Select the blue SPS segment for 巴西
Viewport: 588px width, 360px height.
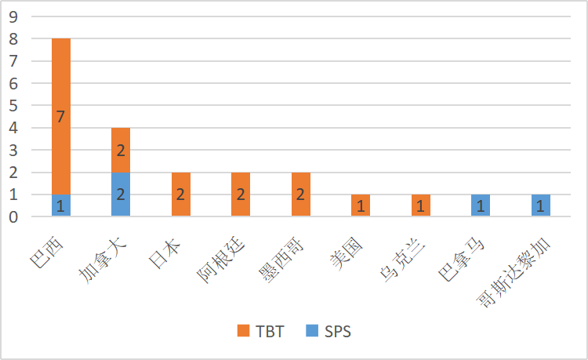point(61,205)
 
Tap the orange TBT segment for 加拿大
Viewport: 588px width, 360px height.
point(121,150)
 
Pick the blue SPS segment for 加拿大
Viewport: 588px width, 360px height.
point(121,195)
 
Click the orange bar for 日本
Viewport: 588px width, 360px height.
point(181,195)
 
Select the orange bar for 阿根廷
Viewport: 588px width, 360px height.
point(241,195)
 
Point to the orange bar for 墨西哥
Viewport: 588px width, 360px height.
point(300,195)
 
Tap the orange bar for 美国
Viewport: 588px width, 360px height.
point(361,205)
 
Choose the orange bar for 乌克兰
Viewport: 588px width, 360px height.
point(420,205)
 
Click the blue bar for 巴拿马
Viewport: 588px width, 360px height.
point(481,205)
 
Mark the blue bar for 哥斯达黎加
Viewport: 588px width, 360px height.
point(540,205)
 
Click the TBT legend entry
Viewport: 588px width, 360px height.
point(258,332)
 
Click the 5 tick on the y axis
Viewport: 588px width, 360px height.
point(14,105)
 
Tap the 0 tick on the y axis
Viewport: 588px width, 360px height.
point(14,216)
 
